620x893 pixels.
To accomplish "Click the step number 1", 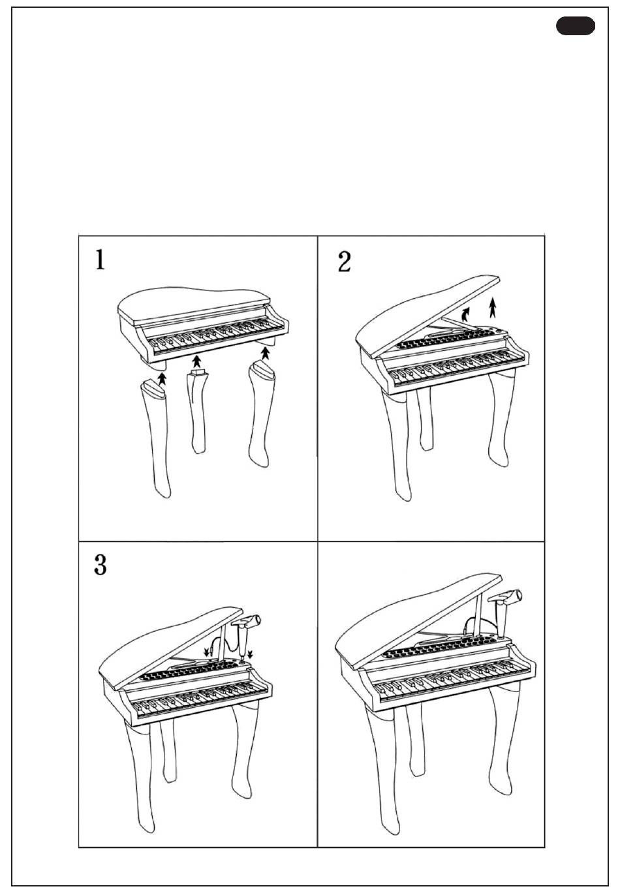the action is coord(100,259).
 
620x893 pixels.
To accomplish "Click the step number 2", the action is coord(345,262).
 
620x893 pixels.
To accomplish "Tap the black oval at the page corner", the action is coord(576,26).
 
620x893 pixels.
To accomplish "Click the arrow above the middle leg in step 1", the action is coord(196,361).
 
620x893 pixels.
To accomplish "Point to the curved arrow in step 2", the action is coord(465,314).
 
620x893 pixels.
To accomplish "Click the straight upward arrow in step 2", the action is coord(493,307).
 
